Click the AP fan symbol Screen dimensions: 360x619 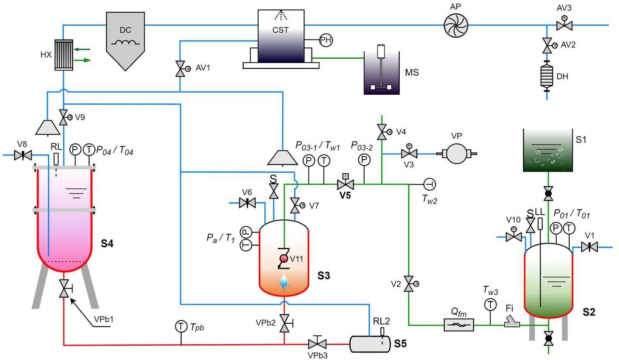point(456,25)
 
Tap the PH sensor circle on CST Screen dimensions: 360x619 point(325,40)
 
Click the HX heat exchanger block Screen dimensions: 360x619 point(64,55)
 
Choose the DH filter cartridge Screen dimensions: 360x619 point(547,76)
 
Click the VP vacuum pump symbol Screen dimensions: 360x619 point(456,154)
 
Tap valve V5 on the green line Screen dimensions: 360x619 point(345,185)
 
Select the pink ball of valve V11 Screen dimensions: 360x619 point(284,259)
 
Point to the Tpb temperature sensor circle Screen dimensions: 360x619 point(181,327)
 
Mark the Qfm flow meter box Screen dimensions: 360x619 point(459,325)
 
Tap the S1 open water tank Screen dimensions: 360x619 point(548,150)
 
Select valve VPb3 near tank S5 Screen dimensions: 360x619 point(317,344)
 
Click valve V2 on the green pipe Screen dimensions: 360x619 point(409,284)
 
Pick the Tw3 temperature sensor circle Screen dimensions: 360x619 point(490,305)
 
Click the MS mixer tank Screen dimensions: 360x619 point(382,74)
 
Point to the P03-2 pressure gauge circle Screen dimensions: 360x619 point(364,160)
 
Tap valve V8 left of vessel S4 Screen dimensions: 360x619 point(23,155)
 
